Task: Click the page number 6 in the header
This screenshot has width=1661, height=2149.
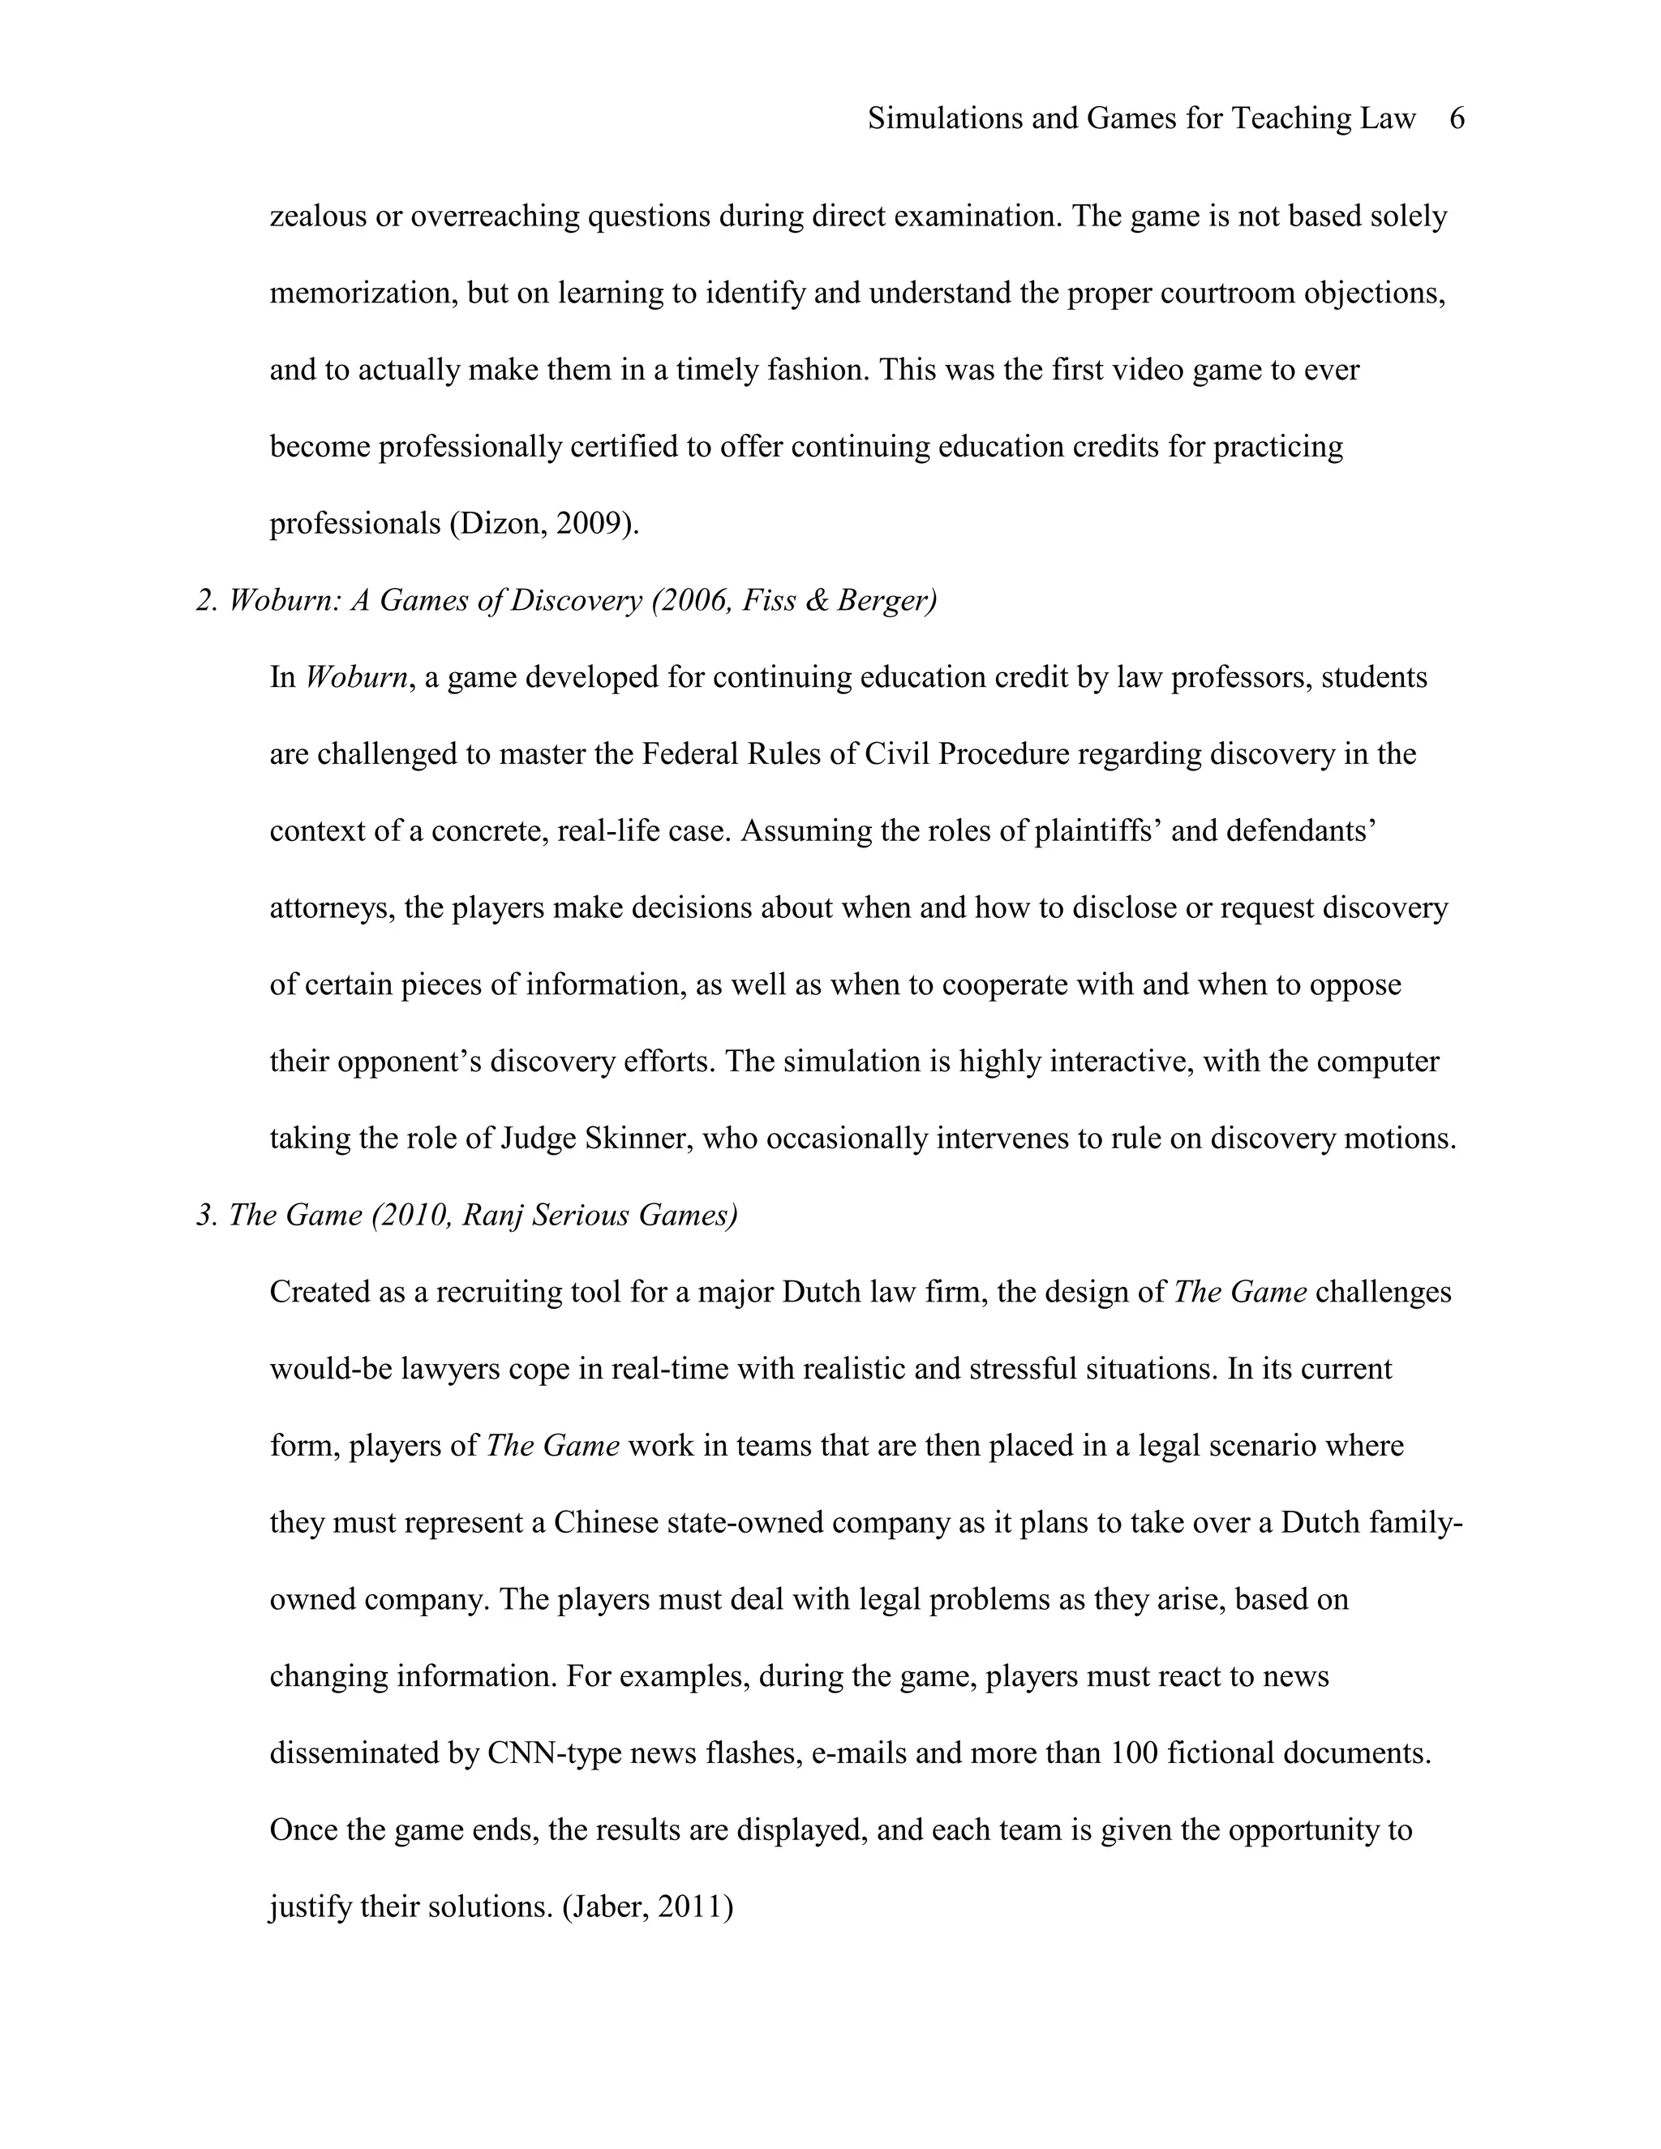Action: [1457, 119]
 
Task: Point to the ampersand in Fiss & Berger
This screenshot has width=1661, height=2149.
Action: [816, 600]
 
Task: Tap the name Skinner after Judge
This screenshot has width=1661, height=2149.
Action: [637, 1139]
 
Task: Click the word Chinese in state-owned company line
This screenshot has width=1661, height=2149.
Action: [605, 1523]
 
